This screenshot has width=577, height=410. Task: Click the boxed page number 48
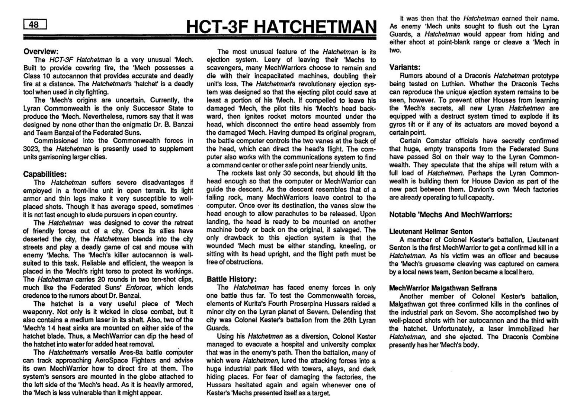click(x=33, y=25)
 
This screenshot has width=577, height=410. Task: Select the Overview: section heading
click(x=41, y=51)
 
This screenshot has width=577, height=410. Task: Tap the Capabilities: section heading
click(x=45, y=174)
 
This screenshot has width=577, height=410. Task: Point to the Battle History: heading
click(x=231, y=279)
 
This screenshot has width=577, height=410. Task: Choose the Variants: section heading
click(x=405, y=67)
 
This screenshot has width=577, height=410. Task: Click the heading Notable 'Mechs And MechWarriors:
click(x=451, y=215)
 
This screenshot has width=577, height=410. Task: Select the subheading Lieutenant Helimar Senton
click(x=431, y=231)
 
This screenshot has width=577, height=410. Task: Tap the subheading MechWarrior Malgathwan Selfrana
click(x=443, y=288)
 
